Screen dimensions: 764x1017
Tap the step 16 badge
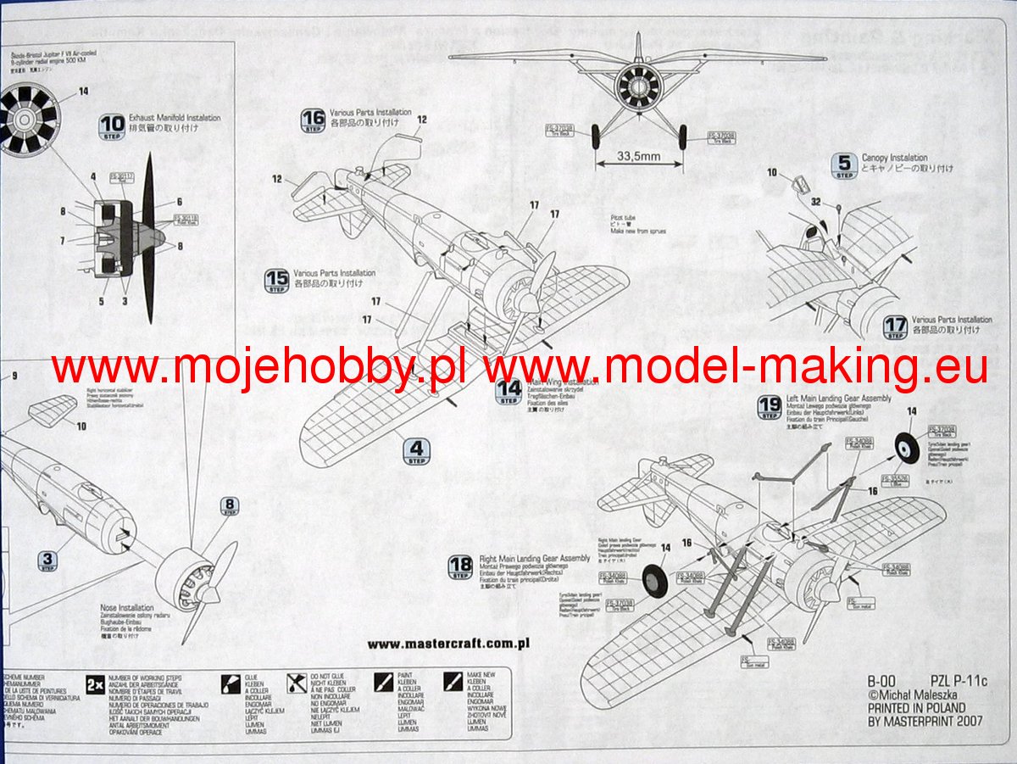pos(313,120)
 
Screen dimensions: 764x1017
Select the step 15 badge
pos(276,280)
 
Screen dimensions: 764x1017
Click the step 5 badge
pos(843,165)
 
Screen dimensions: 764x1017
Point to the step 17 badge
pos(895,326)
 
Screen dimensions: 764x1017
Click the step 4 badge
pos(415,451)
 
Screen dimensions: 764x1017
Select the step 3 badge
pos(47,560)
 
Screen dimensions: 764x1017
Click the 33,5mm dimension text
pos(640,156)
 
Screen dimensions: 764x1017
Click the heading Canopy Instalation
pos(894,158)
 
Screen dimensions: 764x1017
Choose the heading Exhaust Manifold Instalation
pos(174,118)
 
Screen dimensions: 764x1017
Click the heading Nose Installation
pos(125,608)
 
